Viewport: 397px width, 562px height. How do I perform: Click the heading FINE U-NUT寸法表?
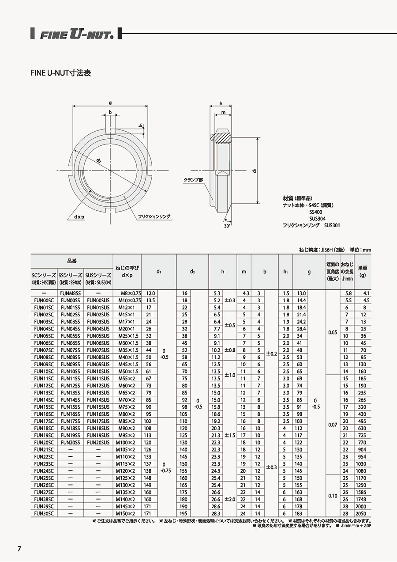point(60,73)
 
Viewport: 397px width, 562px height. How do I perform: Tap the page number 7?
point(19,549)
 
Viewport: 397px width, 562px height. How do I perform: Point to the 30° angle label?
point(227,225)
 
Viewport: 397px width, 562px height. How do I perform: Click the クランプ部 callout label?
point(194,180)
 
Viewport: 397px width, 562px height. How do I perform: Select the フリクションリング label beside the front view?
point(154,217)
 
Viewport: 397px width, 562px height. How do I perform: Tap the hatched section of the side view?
point(223,137)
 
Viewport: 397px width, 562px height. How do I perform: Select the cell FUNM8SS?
point(71,293)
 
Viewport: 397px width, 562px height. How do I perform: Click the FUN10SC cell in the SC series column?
point(44,372)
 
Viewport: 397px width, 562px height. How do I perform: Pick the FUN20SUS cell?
point(98,442)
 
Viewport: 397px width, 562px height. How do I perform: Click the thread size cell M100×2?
point(125,442)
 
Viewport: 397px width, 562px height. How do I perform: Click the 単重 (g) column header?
point(363,272)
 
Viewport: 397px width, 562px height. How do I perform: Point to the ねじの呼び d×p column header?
point(127,271)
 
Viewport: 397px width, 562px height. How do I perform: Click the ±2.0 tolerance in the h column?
point(230,499)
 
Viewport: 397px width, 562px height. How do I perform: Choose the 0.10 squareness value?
point(333,496)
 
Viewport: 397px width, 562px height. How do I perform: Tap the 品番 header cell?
point(71,261)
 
